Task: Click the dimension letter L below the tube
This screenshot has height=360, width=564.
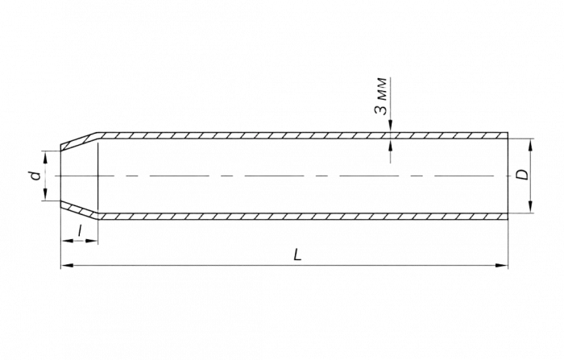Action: tap(297, 254)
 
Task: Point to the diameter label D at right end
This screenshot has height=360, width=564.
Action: tap(522, 175)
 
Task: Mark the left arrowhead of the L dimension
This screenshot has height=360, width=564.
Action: tap(65, 264)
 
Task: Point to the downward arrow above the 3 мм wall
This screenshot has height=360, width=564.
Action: tap(389, 126)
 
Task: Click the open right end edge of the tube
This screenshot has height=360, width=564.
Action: tap(511, 175)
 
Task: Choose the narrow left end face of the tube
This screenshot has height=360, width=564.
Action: tap(63, 175)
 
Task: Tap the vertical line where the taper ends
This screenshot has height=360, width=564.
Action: tap(99, 175)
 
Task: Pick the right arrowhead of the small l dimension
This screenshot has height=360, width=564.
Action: tap(96, 241)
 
